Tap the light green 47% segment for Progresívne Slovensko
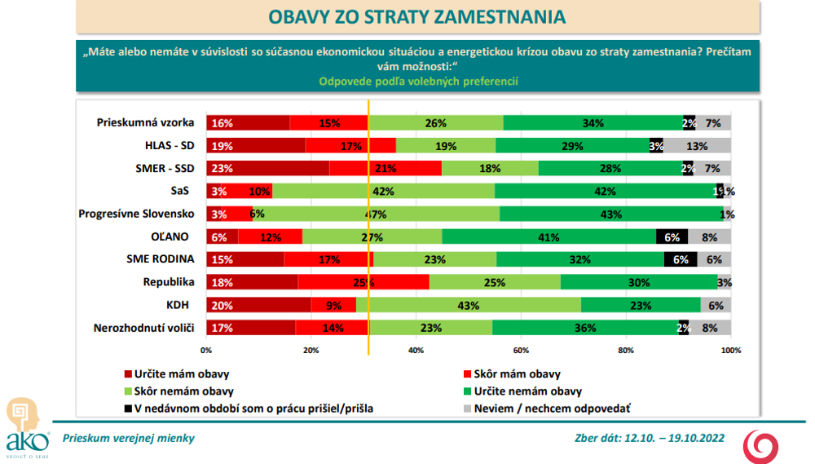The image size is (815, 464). point(376,214)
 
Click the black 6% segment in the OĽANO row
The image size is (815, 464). point(672,237)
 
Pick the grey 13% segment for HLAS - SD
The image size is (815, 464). point(697,146)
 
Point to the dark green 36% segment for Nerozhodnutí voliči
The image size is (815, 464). point(585,329)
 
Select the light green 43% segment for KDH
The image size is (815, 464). point(469,306)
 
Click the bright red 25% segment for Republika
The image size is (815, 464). point(363,283)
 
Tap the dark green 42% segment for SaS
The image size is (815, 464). point(605,192)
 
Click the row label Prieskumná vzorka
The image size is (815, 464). point(145,123)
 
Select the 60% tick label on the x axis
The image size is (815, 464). point(521,351)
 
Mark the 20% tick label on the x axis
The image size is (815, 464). point(311,351)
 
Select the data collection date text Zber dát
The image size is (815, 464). point(650,438)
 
